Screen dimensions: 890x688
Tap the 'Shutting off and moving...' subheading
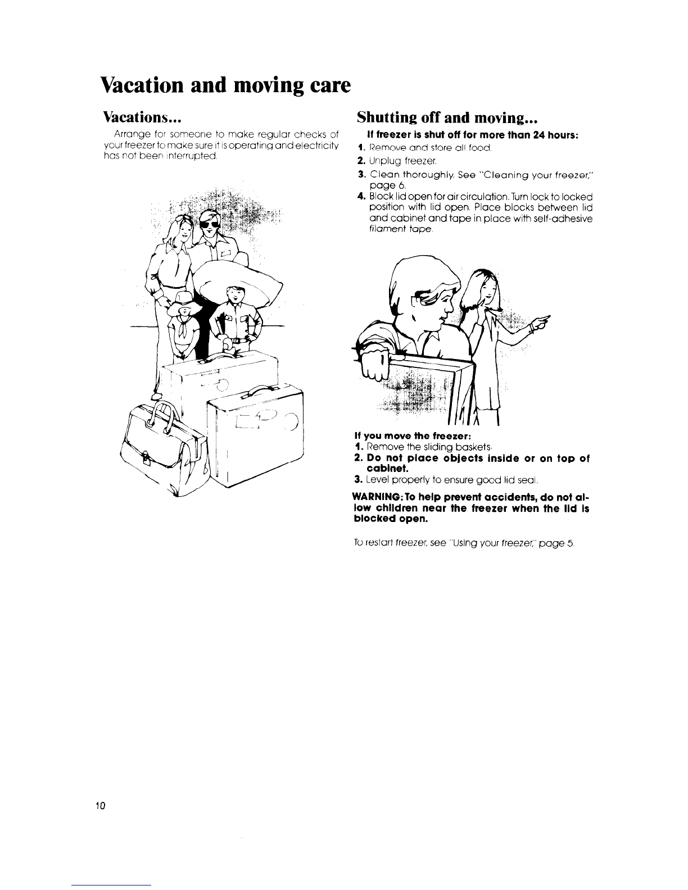tap(448, 118)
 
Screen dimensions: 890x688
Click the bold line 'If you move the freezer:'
tap(403, 435)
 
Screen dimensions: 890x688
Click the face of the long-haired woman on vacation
tap(178, 235)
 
